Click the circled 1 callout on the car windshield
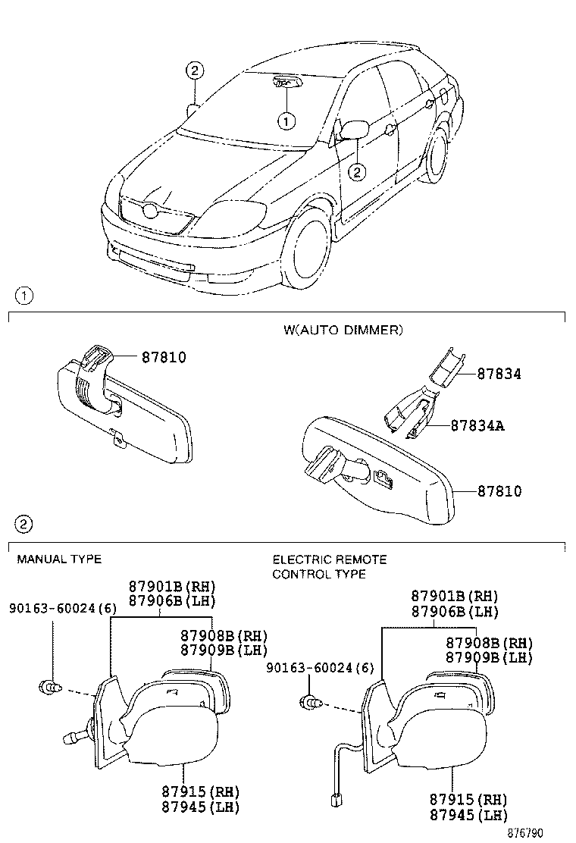tap(286, 120)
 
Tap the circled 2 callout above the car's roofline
tap(195, 71)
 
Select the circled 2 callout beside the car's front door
tap(357, 172)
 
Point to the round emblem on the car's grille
tap(151, 212)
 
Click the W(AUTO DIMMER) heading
tap(343, 330)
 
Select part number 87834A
tap(477, 425)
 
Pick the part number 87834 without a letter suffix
tap(499, 374)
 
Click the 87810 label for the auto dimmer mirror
tap(499, 491)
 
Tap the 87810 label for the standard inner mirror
tap(163, 357)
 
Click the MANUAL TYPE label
tap(59, 559)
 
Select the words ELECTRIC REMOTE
tap(330, 559)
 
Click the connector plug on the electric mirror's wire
tap(334, 798)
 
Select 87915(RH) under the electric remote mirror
tap(468, 800)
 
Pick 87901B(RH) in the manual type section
tap(172, 586)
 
